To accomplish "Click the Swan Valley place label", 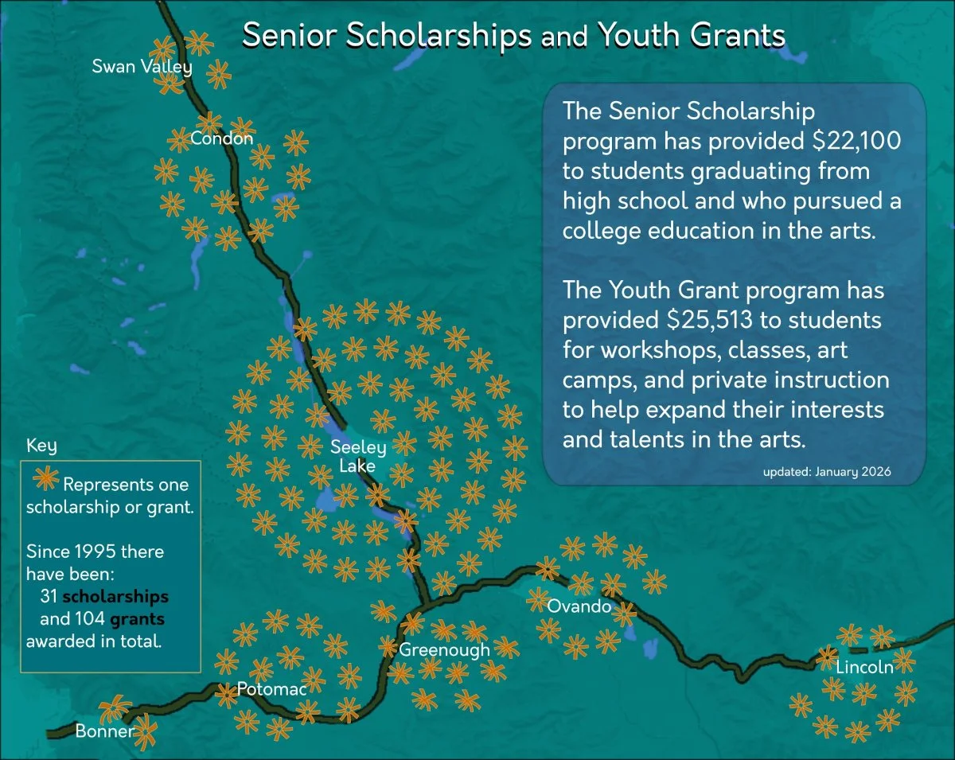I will [x=142, y=66].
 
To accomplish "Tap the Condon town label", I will [x=222, y=139].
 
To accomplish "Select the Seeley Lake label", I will [x=358, y=456].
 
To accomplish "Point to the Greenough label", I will [x=444, y=649].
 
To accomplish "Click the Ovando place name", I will [x=579, y=606].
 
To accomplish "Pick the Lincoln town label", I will [x=864, y=667].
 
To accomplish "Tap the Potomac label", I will [x=271, y=689].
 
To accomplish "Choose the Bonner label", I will [x=105, y=731].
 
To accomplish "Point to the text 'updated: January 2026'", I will [x=827, y=472].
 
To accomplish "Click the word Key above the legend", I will [x=41, y=445].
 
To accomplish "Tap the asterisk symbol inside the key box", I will [x=45, y=479].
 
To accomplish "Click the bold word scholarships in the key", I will [x=115, y=596].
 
